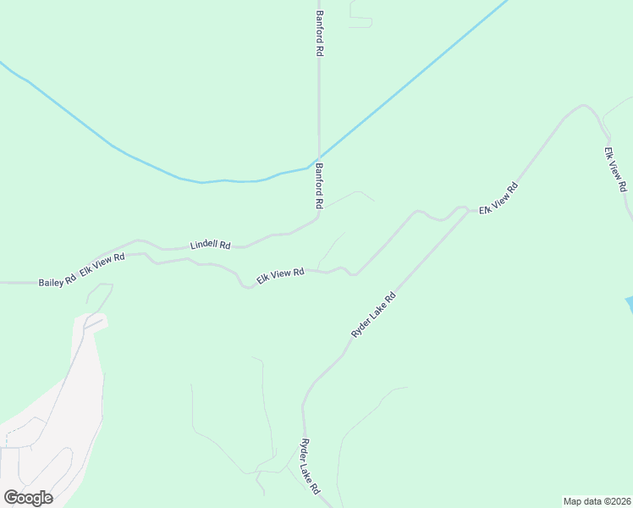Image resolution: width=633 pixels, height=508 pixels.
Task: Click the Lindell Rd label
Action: tap(210, 245)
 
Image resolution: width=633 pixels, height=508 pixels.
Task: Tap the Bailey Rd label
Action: tap(58, 282)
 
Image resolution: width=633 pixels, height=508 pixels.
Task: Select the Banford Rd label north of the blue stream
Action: tap(320, 34)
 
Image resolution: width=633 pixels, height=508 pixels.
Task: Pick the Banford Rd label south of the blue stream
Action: tap(320, 186)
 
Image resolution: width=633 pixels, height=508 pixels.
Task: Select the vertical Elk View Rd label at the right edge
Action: tap(615, 168)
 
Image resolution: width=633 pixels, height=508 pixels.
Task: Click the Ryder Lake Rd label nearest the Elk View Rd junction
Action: tap(373, 316)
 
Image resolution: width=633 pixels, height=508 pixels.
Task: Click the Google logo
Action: tap(28, 498)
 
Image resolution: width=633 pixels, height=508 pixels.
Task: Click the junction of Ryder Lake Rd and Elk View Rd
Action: tap(469, 210)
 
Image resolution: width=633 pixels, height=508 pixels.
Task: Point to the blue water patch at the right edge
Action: tap(629, 305)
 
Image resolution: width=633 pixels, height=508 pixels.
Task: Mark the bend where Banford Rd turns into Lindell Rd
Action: tap(316, 219)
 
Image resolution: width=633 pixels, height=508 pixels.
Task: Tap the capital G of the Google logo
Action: tap(11, 497)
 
